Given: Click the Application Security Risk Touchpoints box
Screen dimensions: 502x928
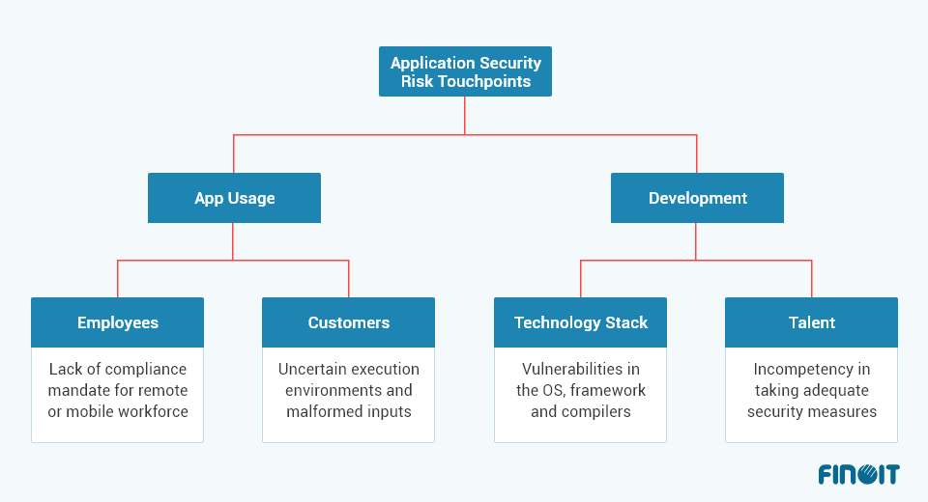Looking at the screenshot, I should point(465,71).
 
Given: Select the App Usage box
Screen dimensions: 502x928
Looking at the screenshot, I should point(234,198).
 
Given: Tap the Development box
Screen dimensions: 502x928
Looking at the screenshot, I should point(697,198).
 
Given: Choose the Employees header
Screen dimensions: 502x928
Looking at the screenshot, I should point(117,322).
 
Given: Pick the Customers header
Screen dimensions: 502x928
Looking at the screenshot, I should point(348,322).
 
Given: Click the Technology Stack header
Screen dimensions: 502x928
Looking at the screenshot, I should point(580,322).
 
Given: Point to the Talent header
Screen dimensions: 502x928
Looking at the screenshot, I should point(811,322).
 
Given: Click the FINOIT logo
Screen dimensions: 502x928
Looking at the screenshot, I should point(858,474).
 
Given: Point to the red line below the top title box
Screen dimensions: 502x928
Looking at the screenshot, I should point(465,115).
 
